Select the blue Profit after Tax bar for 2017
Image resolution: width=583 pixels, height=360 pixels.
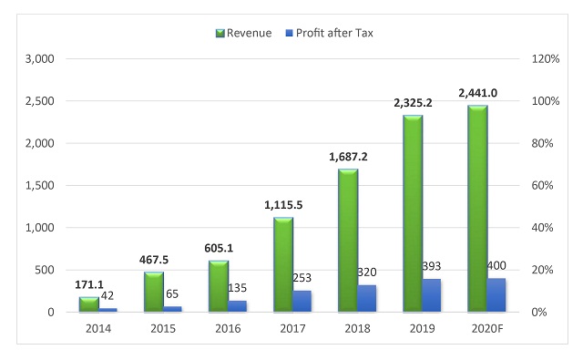302,301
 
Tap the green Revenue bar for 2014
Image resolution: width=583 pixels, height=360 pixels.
88,304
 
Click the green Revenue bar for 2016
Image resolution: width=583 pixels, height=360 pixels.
219,286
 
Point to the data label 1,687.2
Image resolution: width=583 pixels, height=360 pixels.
349,157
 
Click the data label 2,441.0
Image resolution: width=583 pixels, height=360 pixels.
478,93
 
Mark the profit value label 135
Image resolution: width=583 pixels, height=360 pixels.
237,288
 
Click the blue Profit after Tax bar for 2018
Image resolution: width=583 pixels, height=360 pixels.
366,298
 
